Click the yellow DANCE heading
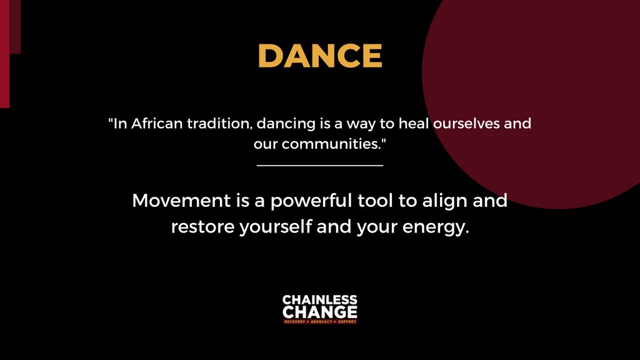tap(319, 56)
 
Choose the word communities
tap(332, 143)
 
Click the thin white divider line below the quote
tap(319, 166)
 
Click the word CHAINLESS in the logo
tap(319, 301)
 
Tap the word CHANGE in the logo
tap(319, 311)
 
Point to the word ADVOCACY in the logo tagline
tap(319, 321)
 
